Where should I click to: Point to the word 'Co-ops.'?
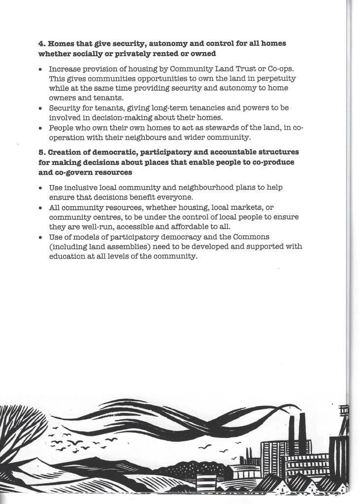(x=281, y=69)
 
